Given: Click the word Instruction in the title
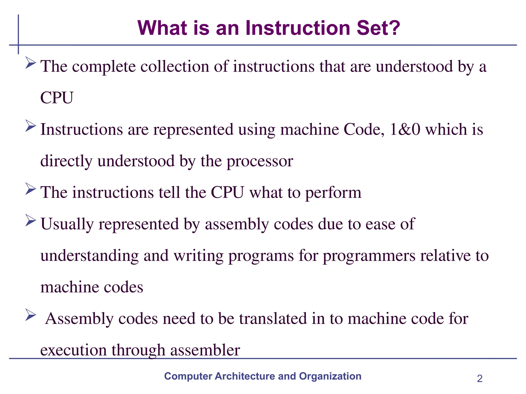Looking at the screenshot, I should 298,28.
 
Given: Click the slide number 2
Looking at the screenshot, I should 480,379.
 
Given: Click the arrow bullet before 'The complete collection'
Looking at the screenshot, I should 31,63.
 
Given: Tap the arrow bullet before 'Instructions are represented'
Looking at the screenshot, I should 31,126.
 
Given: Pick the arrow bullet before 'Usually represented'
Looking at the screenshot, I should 31,221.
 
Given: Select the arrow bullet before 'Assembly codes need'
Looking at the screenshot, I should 31,315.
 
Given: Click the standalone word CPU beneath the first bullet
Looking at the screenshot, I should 57,98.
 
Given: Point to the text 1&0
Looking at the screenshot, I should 405,129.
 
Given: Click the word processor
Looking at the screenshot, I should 260,161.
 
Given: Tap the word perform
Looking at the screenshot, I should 333,193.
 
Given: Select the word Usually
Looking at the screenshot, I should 67,224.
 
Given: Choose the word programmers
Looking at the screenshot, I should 369,256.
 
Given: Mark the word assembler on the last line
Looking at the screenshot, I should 205,350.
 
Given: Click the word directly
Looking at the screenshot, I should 66,161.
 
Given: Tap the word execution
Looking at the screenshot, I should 73,350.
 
